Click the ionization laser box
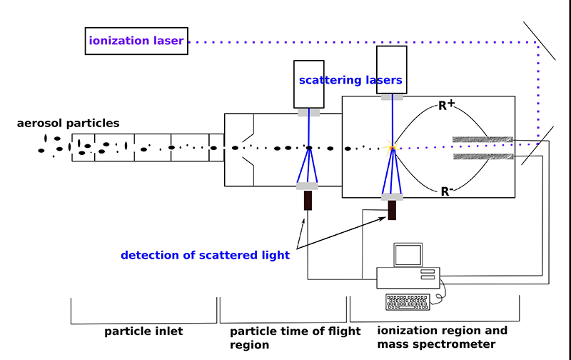click(136, 41)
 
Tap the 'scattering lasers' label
click(350, 80)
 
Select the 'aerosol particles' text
click(69, 124)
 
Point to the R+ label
click(446, 106)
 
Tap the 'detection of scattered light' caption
click(205, 255)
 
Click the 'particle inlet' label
click(143, 331)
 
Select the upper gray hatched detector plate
click(482, 139)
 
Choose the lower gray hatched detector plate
click(482, 156)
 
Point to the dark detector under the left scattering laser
click(308, 201)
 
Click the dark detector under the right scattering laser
click(392, 210)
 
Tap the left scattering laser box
click(308, 84)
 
